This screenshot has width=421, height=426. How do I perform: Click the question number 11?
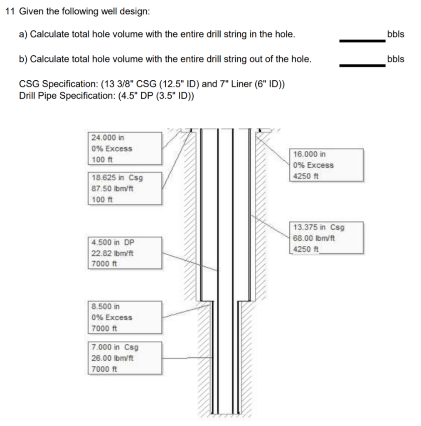(x=10, y=11)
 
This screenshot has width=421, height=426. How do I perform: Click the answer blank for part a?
(x=362, y=40)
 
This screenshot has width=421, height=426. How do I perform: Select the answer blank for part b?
(x=362, y=65)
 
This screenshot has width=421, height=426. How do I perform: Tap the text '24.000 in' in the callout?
(x=108, y=138)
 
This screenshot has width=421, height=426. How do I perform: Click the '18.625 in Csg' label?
(x=117, y=178)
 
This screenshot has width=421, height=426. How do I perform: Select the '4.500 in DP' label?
(x=113, y=242)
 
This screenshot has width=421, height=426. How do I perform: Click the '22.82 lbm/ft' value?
(x=112, y=253)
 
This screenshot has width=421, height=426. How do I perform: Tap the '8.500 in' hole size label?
(x=106, y=307)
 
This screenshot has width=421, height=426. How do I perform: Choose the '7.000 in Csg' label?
(x=115, y=347)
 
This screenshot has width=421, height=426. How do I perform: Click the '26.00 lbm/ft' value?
(x=112, y=358)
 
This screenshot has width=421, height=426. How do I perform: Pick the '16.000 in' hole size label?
(x=310, y=154)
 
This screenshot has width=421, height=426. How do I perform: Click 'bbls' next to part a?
(x=395, y=34)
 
